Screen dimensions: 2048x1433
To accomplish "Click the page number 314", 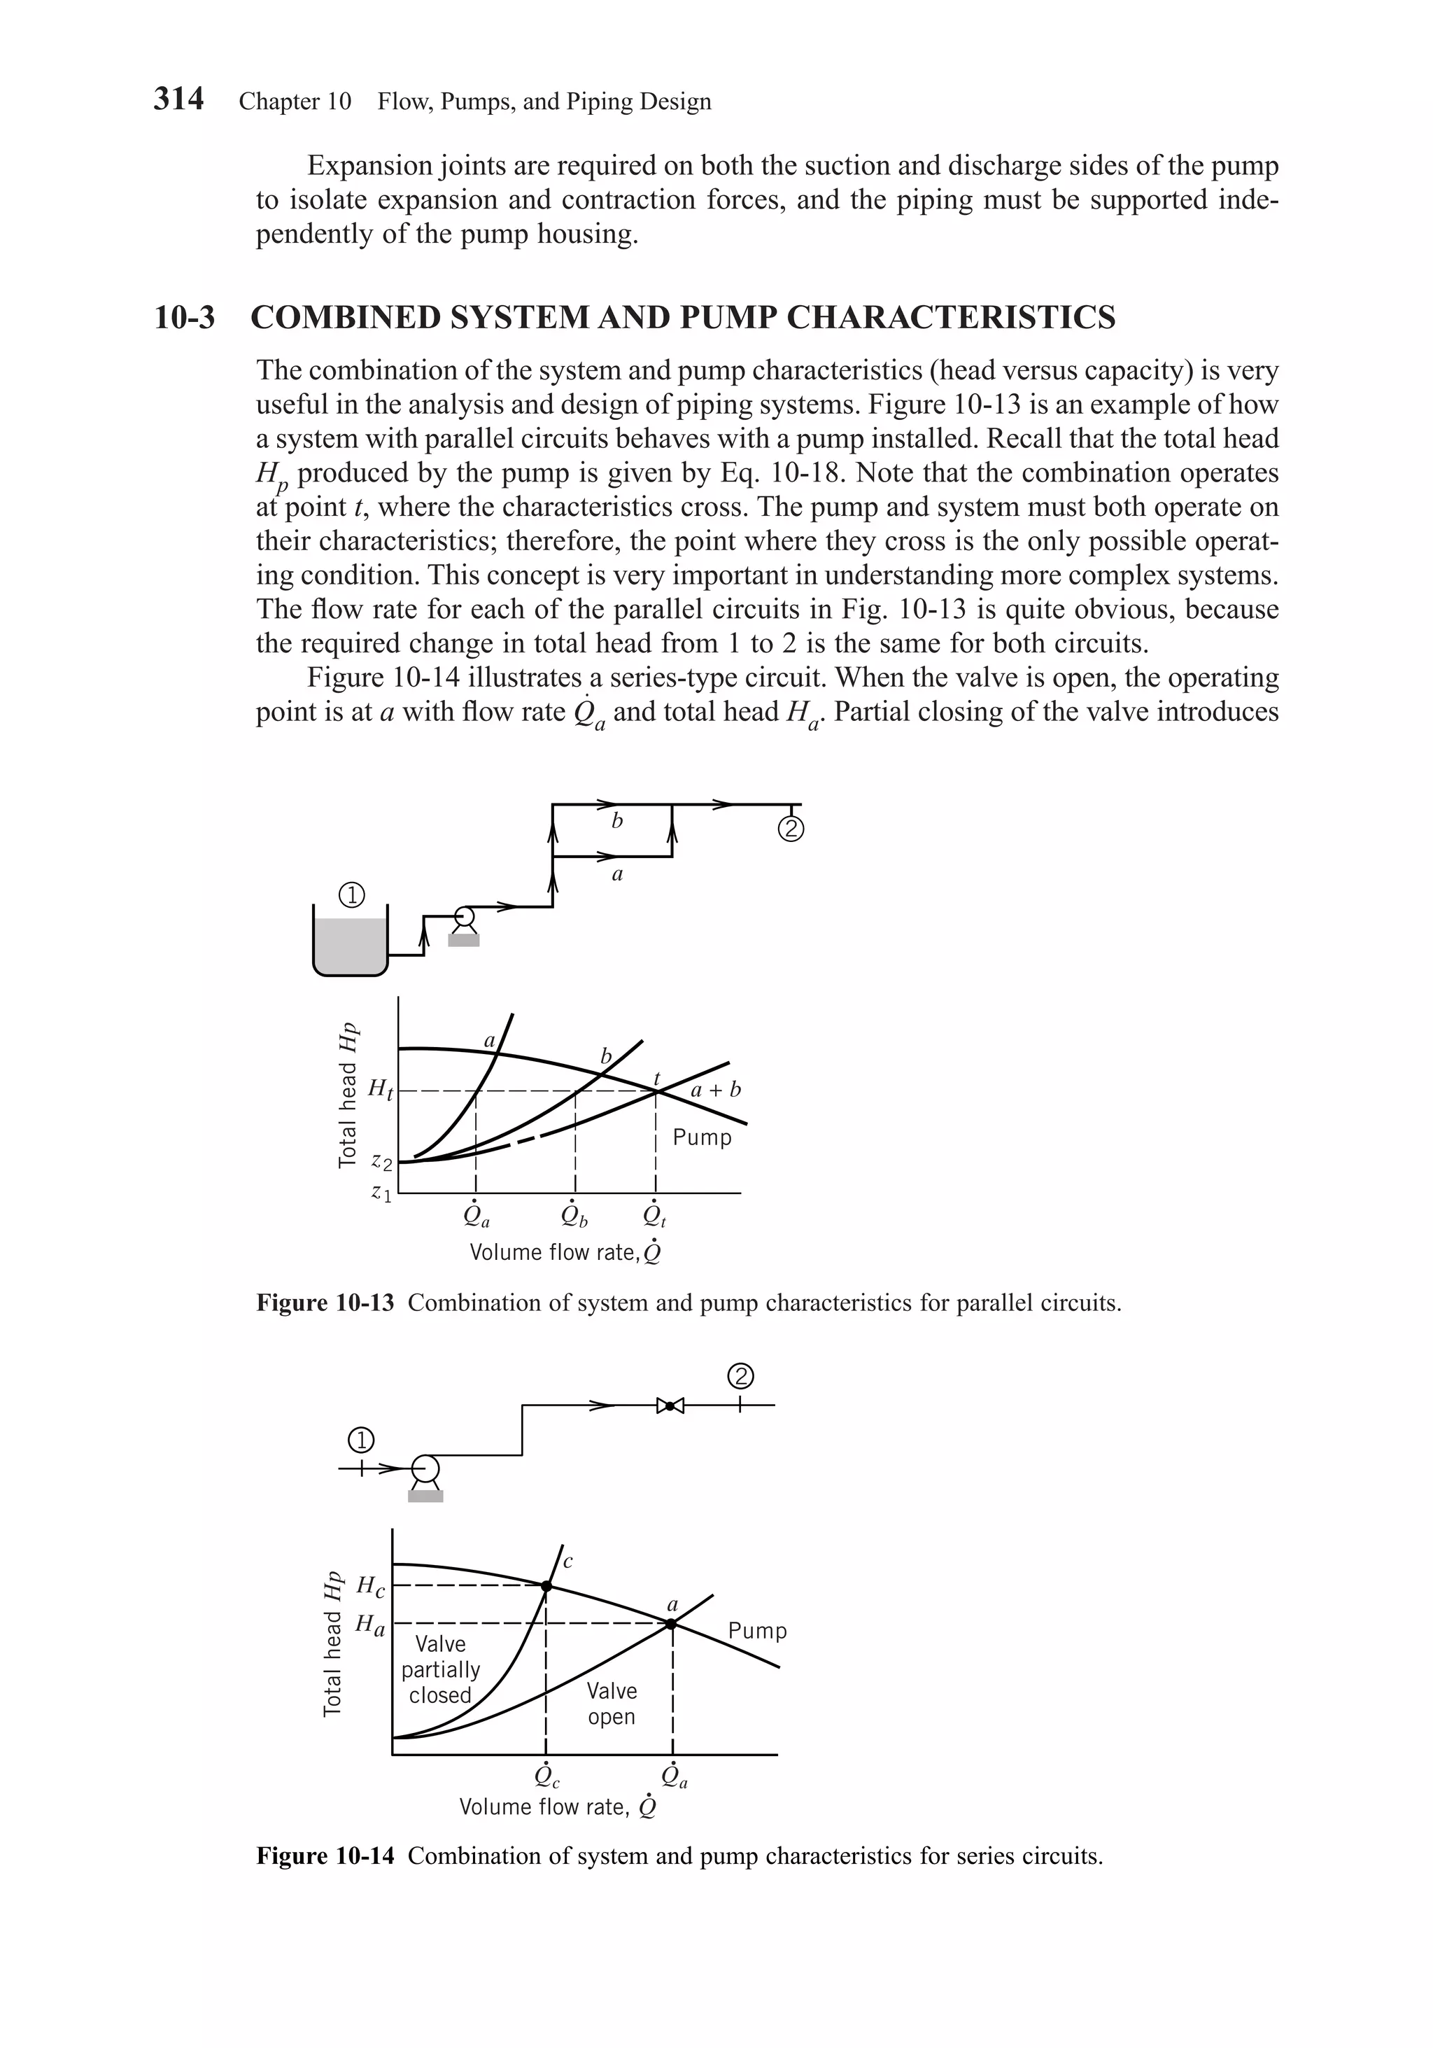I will click(x=178, y=99).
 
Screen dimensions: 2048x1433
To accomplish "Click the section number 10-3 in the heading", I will click(x=185, y=318).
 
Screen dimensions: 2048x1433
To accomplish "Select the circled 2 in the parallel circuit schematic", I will click(x=791, y=829).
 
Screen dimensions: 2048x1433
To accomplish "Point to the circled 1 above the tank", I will click(x=352, y=895).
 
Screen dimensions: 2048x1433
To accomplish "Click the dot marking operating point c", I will click(x=546, y=1585).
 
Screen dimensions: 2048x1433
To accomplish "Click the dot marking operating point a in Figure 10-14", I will click(x=672, y=1623).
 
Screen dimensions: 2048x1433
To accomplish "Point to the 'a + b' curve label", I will click(x=716, y=1090).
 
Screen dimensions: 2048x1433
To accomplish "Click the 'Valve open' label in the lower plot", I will click(x=612, y=1704).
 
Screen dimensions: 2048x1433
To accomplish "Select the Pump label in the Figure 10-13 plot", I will click(x=702, y=1137).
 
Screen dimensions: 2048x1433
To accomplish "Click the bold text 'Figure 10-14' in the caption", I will click(x=325, y=1856).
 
